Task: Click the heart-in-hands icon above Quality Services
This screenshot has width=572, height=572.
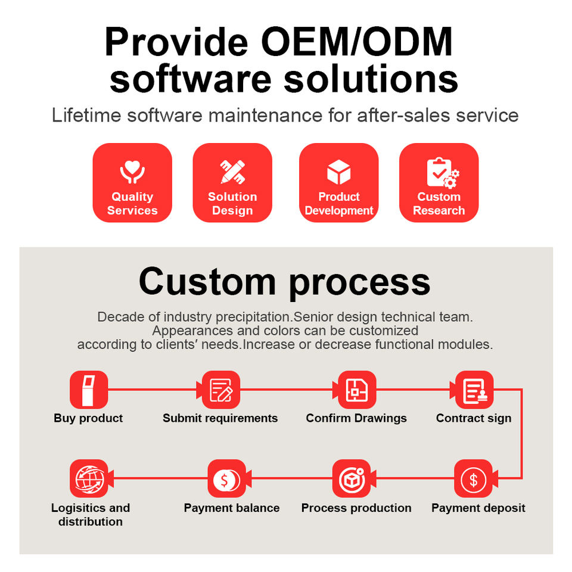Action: click(132, 172)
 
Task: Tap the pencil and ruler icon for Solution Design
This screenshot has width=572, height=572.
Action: click(232, 172)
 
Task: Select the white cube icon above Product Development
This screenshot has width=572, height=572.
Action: click(338, 172)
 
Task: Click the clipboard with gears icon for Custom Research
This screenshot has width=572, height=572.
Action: click(443, 173)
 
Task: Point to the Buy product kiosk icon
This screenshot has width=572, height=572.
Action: click(89, 390)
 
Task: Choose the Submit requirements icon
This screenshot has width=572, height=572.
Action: click(220, 390)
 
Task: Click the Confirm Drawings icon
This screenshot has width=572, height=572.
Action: click(356, 390)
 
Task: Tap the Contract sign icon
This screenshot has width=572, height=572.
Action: click(474, 390)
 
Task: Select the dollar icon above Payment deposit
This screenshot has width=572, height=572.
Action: click(473, 478)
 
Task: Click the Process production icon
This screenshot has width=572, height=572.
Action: click(352, 478)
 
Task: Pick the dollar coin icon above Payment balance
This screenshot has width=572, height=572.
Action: click(226, 478)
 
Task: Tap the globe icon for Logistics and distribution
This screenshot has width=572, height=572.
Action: click(89, 478)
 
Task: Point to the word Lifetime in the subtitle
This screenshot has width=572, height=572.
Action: click(86, 115)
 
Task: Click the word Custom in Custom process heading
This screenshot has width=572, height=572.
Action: click(207, 282)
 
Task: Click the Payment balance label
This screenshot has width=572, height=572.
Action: click(232, 508)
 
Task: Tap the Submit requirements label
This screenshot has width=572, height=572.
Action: click(220, 418)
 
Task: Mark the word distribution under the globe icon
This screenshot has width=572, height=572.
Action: click(91, 522)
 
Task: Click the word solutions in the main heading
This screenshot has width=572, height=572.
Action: click(371, 79)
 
